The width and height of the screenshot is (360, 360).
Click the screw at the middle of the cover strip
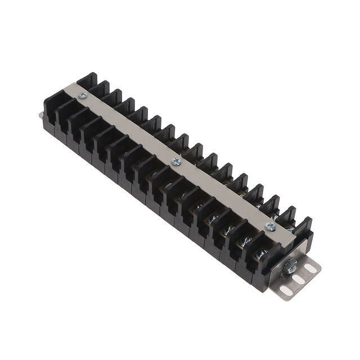pyautogui.click(x=176, y=162)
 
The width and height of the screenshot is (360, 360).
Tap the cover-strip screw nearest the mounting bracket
pyautogui.click(x=271, y=227)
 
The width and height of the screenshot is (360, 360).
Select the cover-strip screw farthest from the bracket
pyautogui.click(x=82, y=96)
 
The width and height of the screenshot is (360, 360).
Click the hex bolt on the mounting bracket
pyautogui.click(x=291, y=267)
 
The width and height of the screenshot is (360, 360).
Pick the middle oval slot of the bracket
pyautogui.click(x=299, y=280)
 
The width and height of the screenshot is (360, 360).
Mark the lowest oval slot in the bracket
pyautogui.click(x=286, y=290)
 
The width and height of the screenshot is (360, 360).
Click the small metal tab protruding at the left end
pyautogui.click(x=41, y=115)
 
